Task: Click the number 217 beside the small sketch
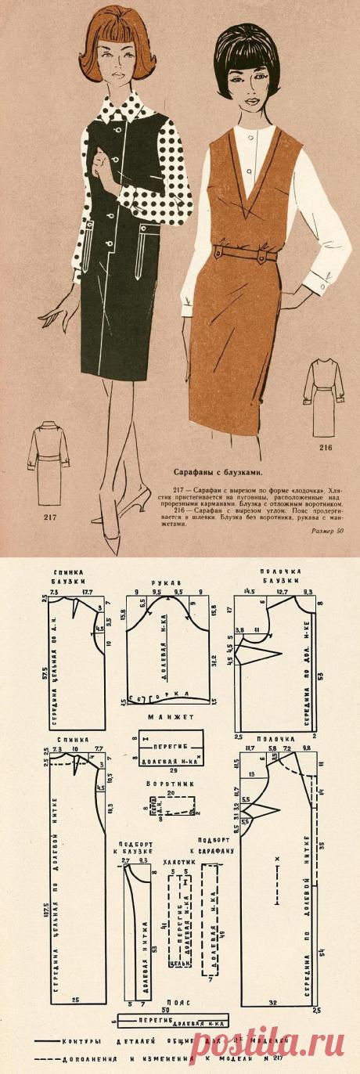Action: pos(49,516)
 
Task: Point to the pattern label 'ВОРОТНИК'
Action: pos(168,782)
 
